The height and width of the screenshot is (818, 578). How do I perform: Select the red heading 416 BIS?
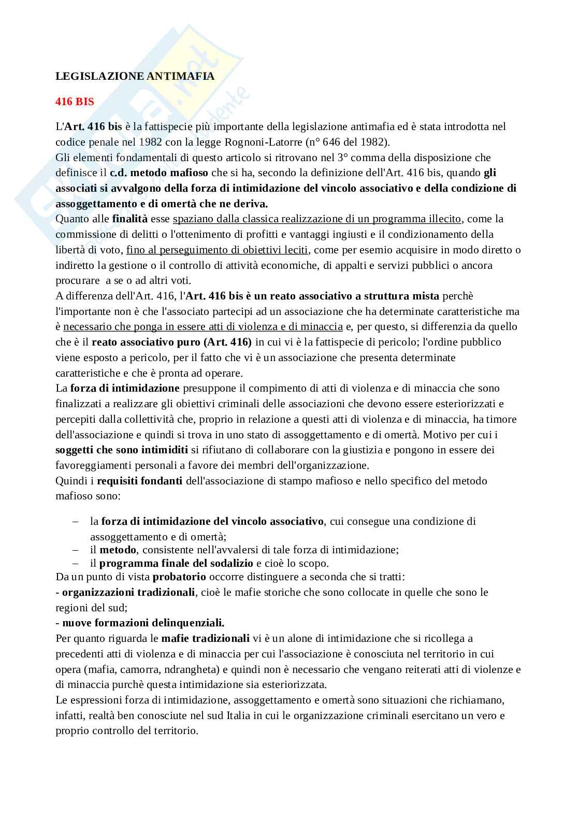click(75, 102)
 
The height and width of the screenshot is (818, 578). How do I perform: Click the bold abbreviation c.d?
click(119, 173)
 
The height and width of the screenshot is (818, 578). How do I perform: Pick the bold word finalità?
click(130, 219)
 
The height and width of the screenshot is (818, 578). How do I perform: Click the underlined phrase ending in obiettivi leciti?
click(218, 250)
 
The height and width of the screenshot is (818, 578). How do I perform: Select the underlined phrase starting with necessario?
click(203, 326)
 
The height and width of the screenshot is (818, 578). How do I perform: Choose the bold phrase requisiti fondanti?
click(139, 481)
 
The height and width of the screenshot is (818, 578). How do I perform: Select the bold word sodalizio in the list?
click(233, 563)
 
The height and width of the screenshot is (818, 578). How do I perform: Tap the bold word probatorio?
click(179, 576)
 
